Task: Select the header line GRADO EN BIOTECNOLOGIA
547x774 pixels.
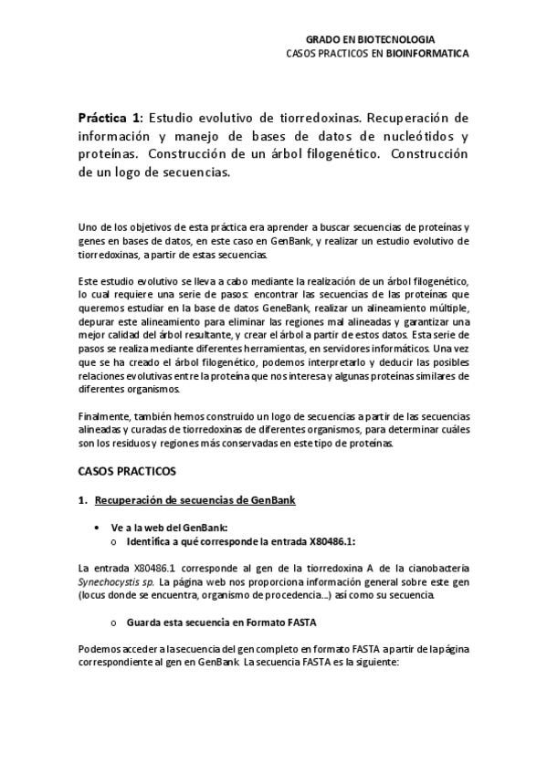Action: click(370, 40)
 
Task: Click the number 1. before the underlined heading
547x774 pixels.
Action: click(82, 501)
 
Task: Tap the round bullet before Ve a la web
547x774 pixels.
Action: click(99, 528)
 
